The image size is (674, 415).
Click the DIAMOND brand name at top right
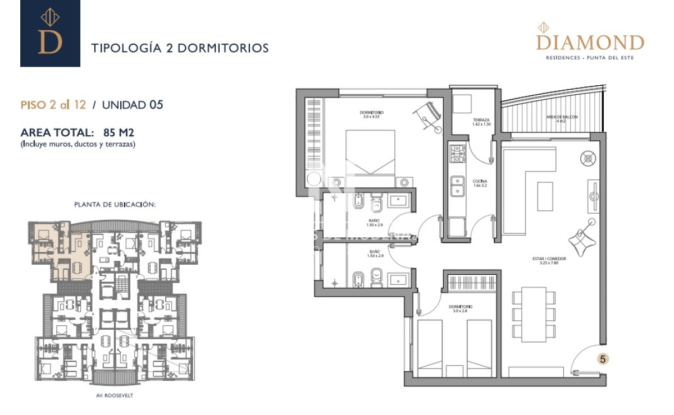point(590,43)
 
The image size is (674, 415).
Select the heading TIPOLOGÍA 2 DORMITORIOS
point(180,48)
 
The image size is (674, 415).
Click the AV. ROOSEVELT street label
point(115,395)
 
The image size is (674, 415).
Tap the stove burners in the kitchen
point(457,154)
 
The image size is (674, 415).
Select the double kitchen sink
point(458,186)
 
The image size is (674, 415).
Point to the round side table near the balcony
point(588,159)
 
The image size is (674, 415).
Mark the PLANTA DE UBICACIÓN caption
point(115,205)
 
